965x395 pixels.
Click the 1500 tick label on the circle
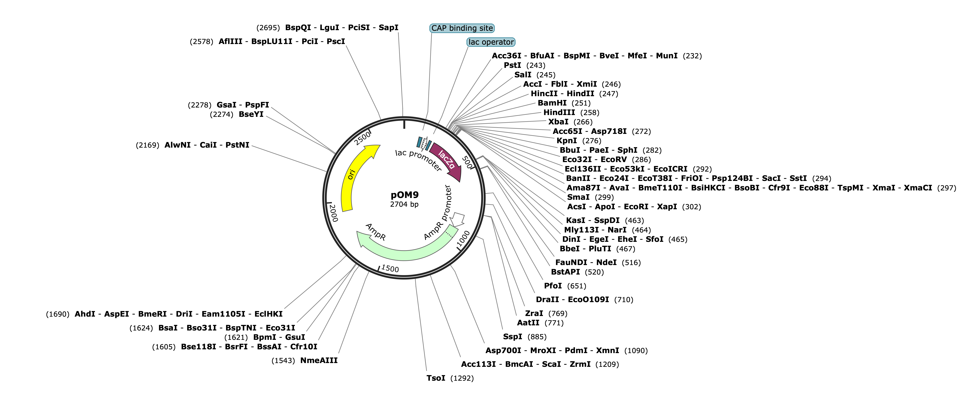click(x=390, y=269)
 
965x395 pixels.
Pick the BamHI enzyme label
click(x=552, y=103)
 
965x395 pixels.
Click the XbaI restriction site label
click(x=558, y=122)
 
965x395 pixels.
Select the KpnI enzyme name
click(x=567, y=141)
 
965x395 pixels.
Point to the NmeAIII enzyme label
click(x=319, y=361)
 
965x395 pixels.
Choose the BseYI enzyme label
click(x=251, y=114)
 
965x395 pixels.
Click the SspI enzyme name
click(x=513, y=337)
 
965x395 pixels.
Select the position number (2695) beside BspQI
click(x=268, y=28)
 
